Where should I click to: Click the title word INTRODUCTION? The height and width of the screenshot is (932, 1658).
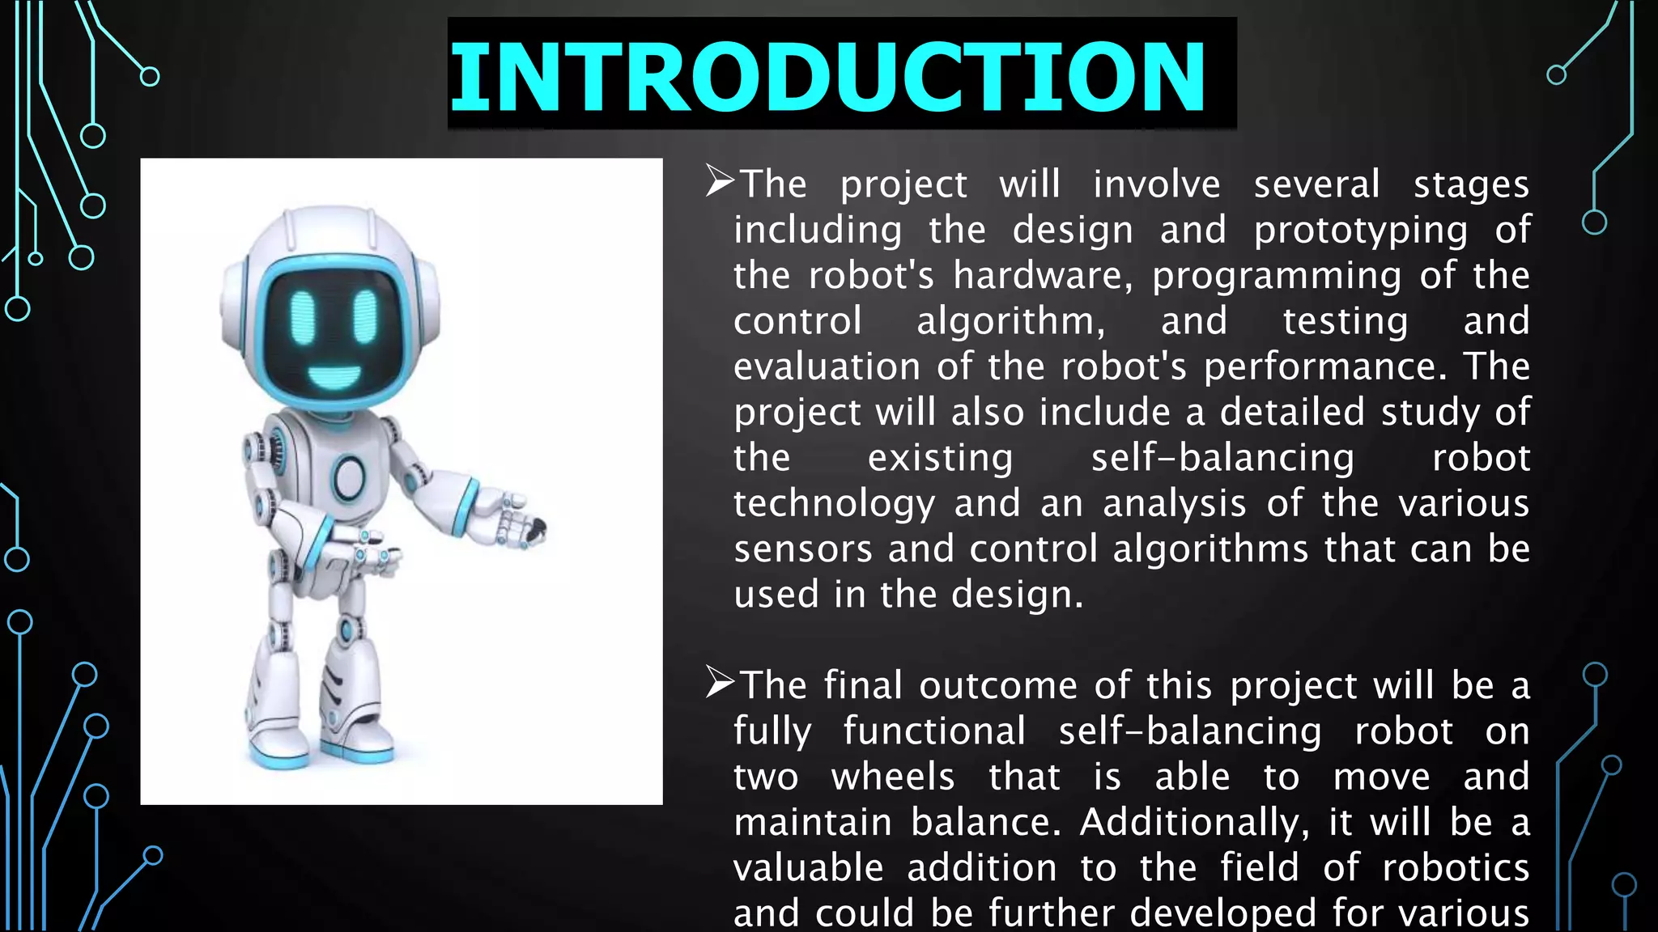click(827, 77)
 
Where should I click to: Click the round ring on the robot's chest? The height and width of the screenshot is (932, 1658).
click(349, 477)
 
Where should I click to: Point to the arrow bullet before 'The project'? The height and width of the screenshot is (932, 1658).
click(720, 181)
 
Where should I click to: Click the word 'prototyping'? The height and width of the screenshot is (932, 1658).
click(1360, 231)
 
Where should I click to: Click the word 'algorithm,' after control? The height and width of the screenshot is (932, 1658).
click(1011, 322)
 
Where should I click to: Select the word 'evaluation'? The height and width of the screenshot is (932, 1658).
click(827, 366)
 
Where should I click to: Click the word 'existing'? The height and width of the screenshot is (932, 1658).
click(940, 459)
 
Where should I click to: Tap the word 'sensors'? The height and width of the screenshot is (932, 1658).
click(803, 549)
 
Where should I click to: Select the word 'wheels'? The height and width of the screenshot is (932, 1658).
click(893, 777)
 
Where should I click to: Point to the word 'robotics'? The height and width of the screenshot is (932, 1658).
click(1456, 868)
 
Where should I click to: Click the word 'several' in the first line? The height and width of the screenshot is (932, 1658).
click(1316, 184)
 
